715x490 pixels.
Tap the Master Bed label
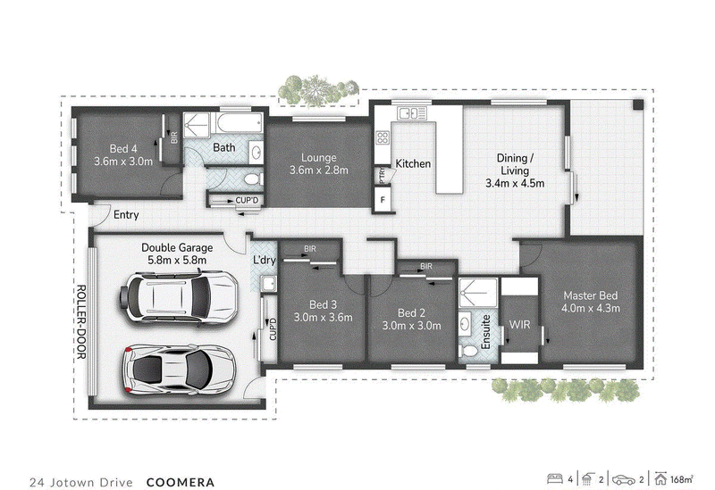pyautogui.click(x=591, y=295)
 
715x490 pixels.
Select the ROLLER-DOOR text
pyautogui.click(x=80, y=321)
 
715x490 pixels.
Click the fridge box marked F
pyautogui.click(x=383, y=199)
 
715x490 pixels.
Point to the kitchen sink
pyautogui.click(x=412, y=112)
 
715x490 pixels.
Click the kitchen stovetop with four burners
pyautogui.click(x=383, y=137)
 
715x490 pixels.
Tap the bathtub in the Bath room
pyautogui.click(x=240, y=122)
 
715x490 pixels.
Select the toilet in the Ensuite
pyautogui.click(x=468, y=351)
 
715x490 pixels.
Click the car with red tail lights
pyautogui.click(x=180, y=369)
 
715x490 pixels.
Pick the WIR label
pyautogui.click(x=520, y=325)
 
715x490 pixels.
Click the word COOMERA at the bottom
pyautogui.click(x=181, y=482)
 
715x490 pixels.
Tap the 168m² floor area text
pyautogui.click(x=682, y=479)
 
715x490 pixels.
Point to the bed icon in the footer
pyautogui.click(x=555, y=479)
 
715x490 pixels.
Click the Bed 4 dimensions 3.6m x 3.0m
pyautogui.click(x=123, y=162)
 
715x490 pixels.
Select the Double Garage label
pyautogui.click(x=177, y=248)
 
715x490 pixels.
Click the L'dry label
pyautogui.click(x=265, y=260)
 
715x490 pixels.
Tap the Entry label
pyautogui.click(x=126, y=214)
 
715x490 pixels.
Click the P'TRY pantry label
pyautogui.click(x=383, y=175)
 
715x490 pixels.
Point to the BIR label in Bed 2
pyautogui.click(x=426, y=266)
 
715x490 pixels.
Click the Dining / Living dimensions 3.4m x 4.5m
pyautogui.click(x=515, y=184)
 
